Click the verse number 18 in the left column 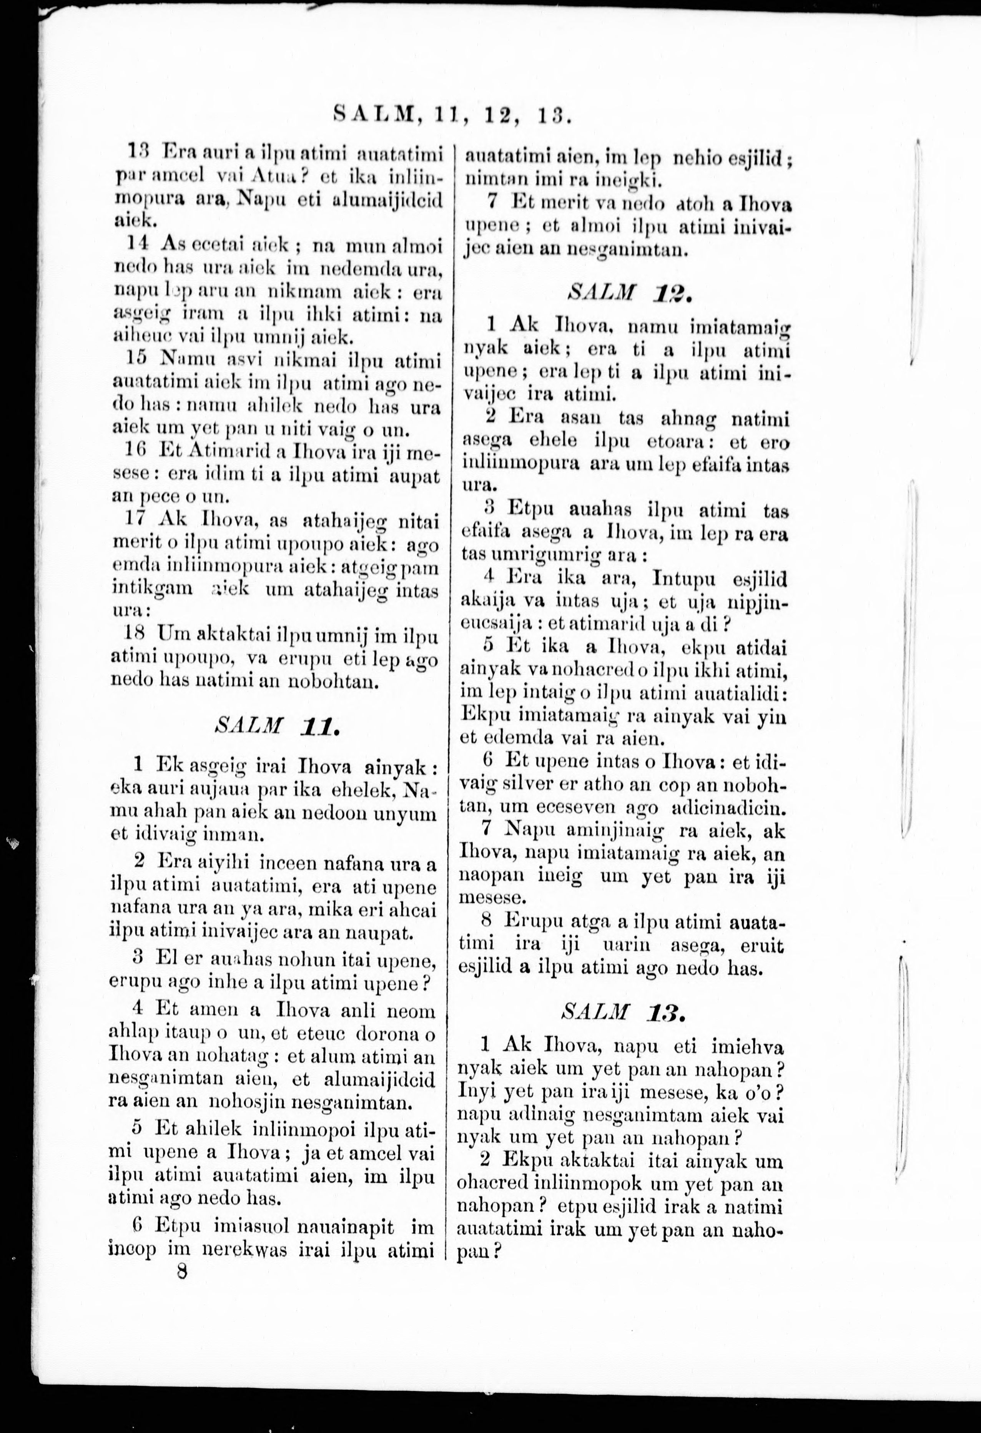click(x=138, y=633)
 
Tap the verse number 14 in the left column click(x=138, y=244)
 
